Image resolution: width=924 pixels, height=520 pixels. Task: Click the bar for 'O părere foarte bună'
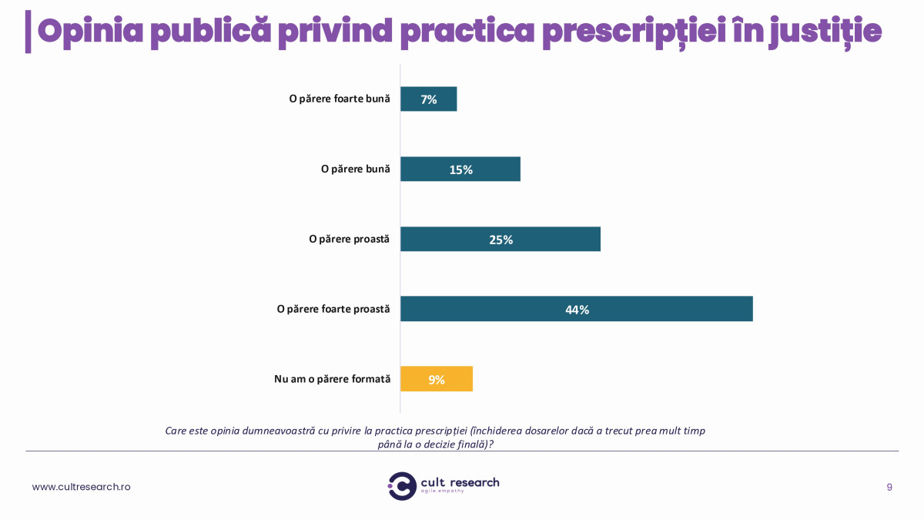443,99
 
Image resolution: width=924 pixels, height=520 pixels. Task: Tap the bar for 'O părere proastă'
539,239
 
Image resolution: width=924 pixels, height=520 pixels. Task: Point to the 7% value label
429,99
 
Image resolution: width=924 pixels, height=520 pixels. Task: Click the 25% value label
500,240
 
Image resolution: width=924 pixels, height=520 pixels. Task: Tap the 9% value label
437,380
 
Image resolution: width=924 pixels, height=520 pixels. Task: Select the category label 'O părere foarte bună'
340,99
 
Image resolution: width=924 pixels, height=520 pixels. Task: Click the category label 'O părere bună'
356,169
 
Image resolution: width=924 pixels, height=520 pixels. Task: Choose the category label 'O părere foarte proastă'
333,309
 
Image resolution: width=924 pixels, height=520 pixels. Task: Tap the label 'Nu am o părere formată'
333,379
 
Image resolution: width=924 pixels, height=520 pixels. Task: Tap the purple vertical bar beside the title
28,32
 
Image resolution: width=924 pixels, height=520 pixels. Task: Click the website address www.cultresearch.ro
81,487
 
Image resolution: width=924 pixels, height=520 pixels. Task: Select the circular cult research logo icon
402,486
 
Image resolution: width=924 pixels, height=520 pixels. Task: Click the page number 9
889,487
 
